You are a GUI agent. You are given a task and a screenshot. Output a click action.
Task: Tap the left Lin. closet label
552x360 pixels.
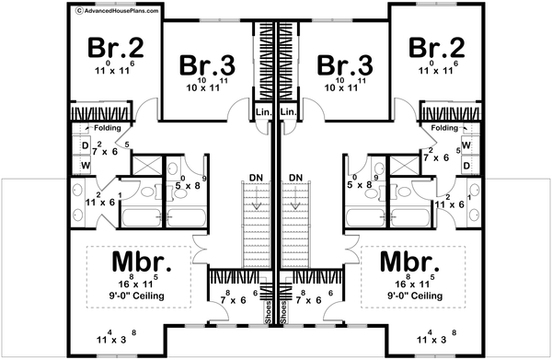(260, 112)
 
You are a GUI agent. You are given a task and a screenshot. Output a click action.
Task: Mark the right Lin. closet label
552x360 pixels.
(288, 112)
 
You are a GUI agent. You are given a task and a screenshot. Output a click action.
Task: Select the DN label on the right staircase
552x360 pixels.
(296, 177)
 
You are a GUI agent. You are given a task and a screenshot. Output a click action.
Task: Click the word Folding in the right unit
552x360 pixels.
(443, 128)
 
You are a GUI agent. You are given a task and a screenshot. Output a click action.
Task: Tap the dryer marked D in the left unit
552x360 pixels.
(85, 145)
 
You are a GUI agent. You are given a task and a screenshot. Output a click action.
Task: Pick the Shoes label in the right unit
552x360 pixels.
(283, 314)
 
